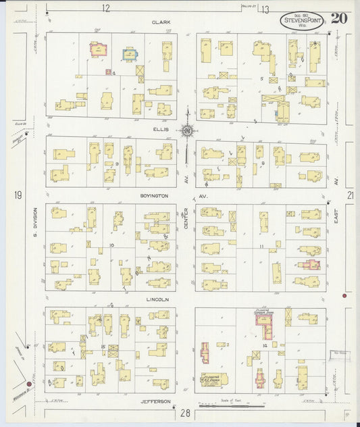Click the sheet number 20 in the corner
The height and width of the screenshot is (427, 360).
(339, 18)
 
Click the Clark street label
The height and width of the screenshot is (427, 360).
(161, 22)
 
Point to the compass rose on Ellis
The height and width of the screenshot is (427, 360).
(187, 130)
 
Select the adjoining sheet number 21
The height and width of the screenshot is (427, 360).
(349, 196)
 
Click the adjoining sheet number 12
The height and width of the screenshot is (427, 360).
(105, 8)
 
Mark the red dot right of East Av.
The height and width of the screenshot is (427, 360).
(344, 296)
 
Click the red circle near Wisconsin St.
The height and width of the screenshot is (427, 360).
(28, 385)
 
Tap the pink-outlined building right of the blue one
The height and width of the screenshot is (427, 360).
(99, 49)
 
